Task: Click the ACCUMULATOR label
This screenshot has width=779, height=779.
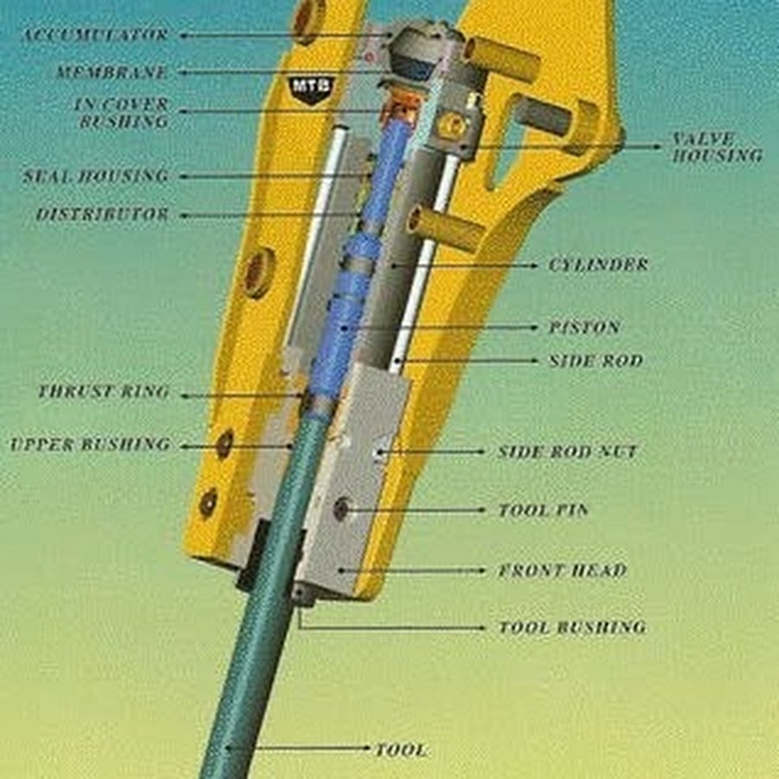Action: coord(95,35)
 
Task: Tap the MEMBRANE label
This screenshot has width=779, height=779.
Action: coord(112,73)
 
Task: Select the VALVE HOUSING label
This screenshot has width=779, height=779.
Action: coord(717,147)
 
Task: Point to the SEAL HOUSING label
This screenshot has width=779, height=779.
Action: coord(96,177)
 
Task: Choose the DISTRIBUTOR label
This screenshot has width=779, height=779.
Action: coord(102,215)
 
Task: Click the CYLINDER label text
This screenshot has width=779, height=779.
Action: coord(599,265)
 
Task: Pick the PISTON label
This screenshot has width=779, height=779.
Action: coord(584,327)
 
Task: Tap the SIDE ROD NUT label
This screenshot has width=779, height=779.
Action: coord(567,452)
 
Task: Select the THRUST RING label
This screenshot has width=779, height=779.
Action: coord(104,391)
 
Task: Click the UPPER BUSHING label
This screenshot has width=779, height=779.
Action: coord(90,444)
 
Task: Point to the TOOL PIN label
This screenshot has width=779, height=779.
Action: coord(543,510)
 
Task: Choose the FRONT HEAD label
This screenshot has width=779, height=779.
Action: coord(563,570)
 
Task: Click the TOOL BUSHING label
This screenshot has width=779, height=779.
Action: coord(572,628)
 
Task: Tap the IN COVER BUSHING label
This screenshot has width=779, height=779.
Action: coord(122,113)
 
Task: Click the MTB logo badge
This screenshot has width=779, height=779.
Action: coord(311,88)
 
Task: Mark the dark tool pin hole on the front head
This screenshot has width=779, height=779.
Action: coord(341,509)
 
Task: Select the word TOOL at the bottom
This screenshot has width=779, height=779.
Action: coord(402,750)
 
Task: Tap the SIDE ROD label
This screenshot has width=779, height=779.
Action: coord(596,361)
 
